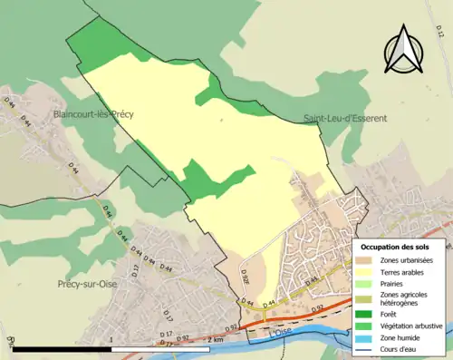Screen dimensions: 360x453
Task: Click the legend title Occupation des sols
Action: [x=401, y=247]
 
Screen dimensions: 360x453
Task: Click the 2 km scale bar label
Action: [x=215, y=339]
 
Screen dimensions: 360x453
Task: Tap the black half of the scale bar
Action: [x=62, y=349]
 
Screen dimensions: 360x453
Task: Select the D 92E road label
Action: [x=245, y=270]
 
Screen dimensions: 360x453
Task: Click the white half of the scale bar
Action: [x=163, y=349]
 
